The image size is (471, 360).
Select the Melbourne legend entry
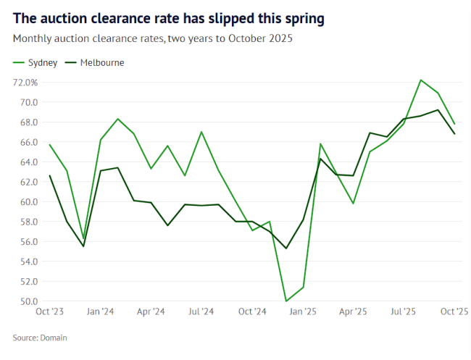point(96,63)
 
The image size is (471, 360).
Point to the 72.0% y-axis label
point(25,83)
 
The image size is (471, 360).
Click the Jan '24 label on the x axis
point(100,312)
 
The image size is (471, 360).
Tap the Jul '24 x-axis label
point(201,312)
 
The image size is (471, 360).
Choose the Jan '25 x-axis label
point(303,312)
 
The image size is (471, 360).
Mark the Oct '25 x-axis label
point(454,312)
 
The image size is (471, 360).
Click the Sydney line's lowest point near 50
point(286,301)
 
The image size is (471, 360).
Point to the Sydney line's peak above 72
point(421,80)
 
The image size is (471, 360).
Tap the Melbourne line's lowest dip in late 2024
point(286,248)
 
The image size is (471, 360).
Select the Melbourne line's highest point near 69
point(438,110)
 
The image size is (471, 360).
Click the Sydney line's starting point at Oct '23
point(49,145)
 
